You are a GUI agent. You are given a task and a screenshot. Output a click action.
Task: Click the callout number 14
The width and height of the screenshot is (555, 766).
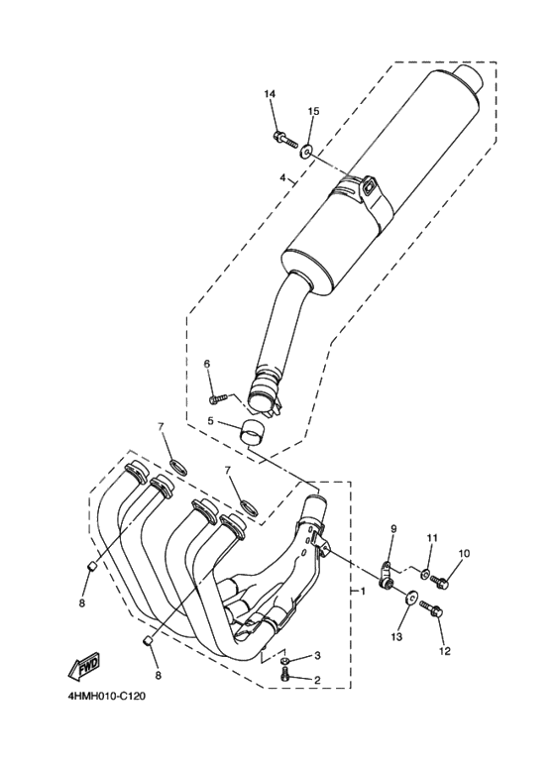pyautogui.click(x=269, y=94)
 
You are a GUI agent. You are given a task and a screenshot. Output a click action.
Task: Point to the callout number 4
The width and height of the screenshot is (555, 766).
pyautogui.click(x=282, y=179)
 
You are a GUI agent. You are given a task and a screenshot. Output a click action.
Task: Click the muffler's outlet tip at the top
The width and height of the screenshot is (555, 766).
pyautogui.click(x=469, y=78)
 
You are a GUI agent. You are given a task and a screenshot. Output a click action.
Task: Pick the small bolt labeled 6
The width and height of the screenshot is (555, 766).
pyautogui.click(x=219, y=398)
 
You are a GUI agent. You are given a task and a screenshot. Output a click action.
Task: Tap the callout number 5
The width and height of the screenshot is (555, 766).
pyautogui.click(x=210, y=421)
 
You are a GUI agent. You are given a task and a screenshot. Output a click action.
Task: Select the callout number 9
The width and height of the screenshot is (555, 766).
pyautogui.click(x=392, y=529)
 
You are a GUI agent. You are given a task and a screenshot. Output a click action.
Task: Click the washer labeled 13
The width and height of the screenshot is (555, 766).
pyautogui.click(x=408, y=599)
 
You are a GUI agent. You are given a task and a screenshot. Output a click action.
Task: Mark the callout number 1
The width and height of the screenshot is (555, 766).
pyautogui.click(x=363, y=592)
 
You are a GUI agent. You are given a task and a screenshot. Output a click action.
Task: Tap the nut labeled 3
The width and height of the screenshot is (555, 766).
pyautogui.click(x=285, y=659)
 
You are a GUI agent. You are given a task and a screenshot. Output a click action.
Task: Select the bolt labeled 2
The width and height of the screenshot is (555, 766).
pyautogui.click(x=286, y=677)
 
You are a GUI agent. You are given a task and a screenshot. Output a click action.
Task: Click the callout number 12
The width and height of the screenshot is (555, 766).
pyautogui.click(x=444, y=651)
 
